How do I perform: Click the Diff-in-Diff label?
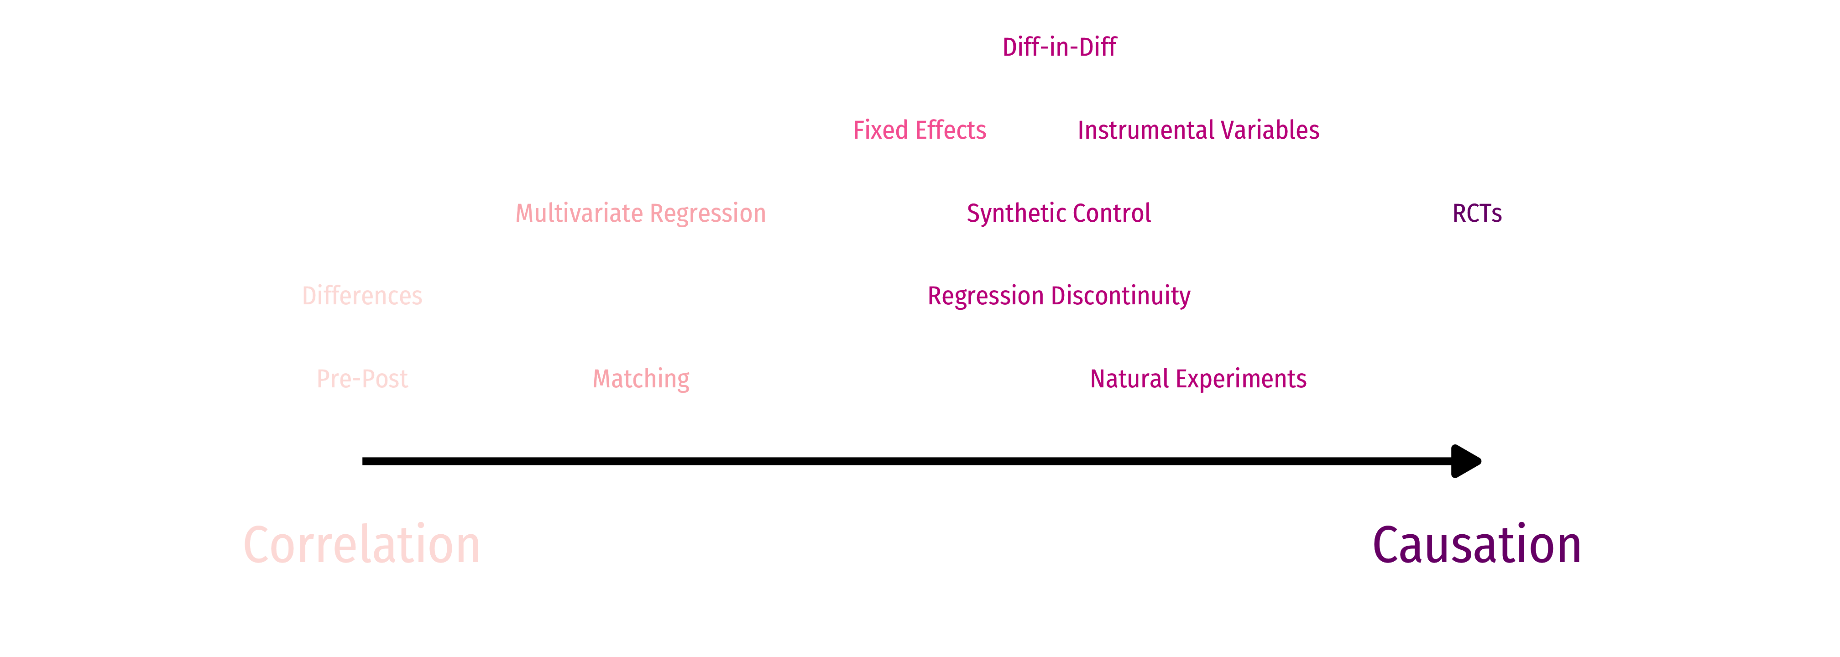(1059, 47)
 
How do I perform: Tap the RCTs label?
(1477, 213)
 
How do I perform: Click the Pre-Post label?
(362, 379)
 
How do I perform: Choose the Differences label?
(362, 296)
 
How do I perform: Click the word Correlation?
(362, 544)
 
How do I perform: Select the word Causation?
(1477, 544)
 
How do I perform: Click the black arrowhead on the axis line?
(1466, 461)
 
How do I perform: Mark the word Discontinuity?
(1121, 296)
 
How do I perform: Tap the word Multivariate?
(579, 213)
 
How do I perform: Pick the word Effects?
(951, 130)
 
